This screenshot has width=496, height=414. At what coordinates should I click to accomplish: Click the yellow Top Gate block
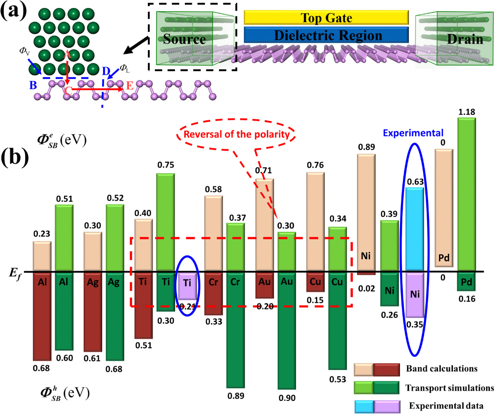pyautogui.click(x=326, y=18)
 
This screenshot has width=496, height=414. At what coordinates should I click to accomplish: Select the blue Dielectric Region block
pyautogui.click(x=326, y=35)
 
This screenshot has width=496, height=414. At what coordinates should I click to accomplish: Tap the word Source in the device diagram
pyautogui.click(x=185, y=39)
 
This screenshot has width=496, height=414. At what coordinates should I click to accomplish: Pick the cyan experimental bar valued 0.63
pyautogui.click(x=415, y=229)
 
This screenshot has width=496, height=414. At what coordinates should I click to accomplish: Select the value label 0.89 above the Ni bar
pyautogui.click(x=367, y=147)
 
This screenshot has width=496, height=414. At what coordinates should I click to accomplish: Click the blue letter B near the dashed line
pyautogui.click(x=33, y=86)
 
